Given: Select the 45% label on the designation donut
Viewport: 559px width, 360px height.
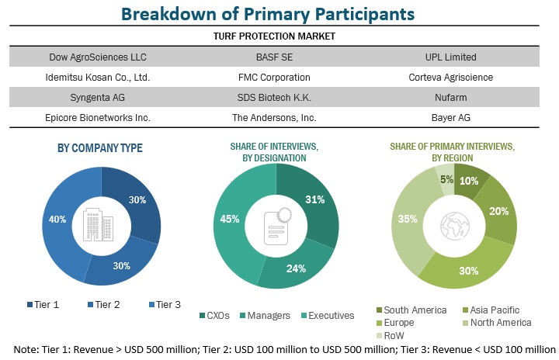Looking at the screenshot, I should [230, 219].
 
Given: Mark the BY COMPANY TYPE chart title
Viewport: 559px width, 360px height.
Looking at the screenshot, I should [100, 148].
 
